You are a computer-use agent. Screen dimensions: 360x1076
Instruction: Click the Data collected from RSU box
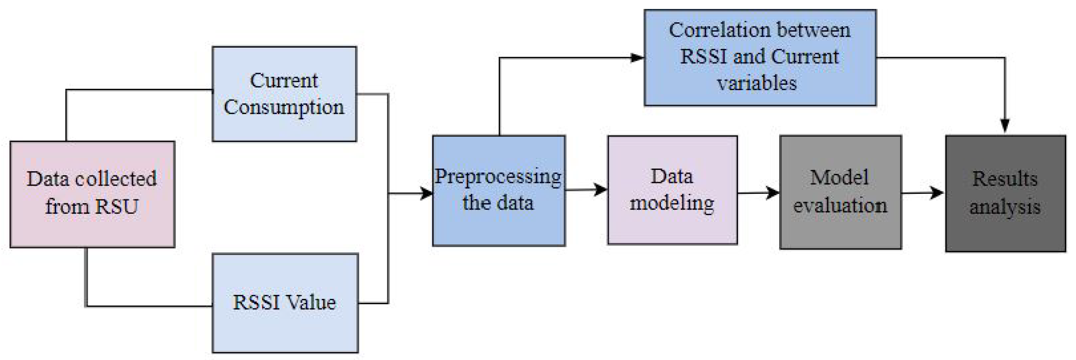tap(92, 194)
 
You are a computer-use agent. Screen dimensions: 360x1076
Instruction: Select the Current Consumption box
tap(284, 94)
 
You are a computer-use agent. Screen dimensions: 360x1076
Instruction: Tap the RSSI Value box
tap(285, 303)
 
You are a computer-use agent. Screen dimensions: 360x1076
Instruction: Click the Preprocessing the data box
tap(499, 191)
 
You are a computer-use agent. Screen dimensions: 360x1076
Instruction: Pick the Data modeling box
tap(672, 190)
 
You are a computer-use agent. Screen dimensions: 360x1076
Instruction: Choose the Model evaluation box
tap(840, 192)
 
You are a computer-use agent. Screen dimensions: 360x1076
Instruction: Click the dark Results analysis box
tap(1005, 194)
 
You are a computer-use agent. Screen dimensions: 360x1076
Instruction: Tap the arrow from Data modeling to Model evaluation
tap(758, 193)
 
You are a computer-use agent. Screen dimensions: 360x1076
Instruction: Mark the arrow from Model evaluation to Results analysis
tap(923, 193)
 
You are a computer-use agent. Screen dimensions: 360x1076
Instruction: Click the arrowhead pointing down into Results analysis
tap(1005, 126)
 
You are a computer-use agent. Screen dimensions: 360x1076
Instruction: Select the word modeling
tap(672, 204)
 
